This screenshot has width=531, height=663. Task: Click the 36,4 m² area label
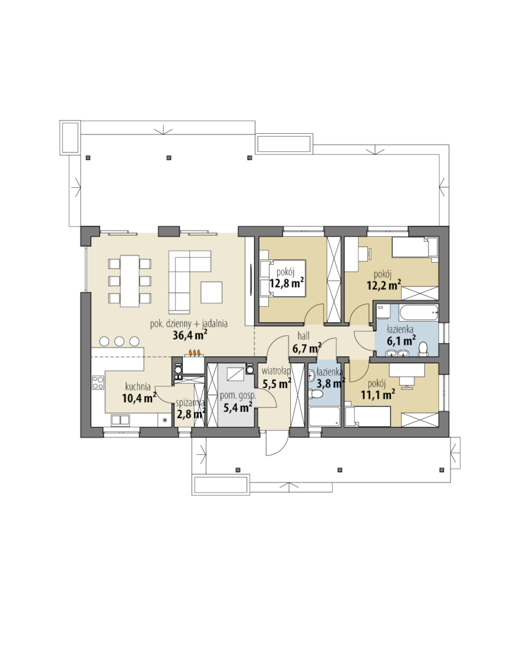pyautogui.click(x=190, y=335)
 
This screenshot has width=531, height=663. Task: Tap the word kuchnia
pyautogui.click(x=138, y=386)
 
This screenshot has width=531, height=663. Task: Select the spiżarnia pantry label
pyautogui.click(x=190, y=403)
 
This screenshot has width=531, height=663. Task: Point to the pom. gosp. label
pyautogui.click(x=237, y=396)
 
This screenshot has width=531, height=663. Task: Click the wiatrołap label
pyautogui.click(x=276, y=371)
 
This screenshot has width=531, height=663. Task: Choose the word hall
pyautogui.click(x=303, y=336)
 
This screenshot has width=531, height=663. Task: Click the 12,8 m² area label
pyautogui.click(x=286, y=283)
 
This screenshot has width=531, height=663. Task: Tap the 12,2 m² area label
pyautogui.click(x=384, y=286)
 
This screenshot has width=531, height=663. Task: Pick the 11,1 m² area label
pyautogui.click(x=378, y=395)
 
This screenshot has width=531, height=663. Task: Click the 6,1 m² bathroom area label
pyautogui.click(x=401, y=340)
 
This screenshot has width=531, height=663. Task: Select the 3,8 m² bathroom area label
pyautogui.click(x=330, y=384)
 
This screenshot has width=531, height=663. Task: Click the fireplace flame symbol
pyautogui.click(x=195, y=352)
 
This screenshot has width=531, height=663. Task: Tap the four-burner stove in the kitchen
pyautogui.click(x=98, y=382)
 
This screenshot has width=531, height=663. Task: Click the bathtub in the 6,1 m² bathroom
pyautogui.click(x=418, y=312)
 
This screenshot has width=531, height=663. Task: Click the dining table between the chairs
pyautogui.click(x=130, y=281)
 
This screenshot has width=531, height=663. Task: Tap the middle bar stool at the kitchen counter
pyautogui.click(x=119, y=341)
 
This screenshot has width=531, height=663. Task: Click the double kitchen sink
pyautogui.click(x=120, y=420)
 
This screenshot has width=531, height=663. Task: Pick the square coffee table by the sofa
pyautogui.click(x=211, y=292)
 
